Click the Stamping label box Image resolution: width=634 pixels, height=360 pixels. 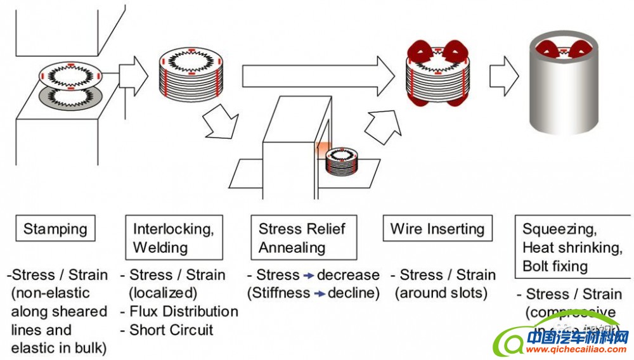[x=55, y=229]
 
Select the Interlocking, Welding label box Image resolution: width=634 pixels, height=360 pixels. [x=174, y=238]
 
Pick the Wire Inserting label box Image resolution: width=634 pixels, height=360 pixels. [x=437, y=229]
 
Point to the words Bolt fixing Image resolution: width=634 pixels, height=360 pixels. [x=555, y=266]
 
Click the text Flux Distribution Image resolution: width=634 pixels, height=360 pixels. [x=184, y=312]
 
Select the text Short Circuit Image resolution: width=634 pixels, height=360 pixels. [x=171, y=330]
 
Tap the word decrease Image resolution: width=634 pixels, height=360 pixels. [x=348, y=276]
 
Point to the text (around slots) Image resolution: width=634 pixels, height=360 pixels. [x=442, y=293]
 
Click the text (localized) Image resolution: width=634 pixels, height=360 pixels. [x=163, y=293]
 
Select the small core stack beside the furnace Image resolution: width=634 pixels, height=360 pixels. [x=343, y=162]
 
